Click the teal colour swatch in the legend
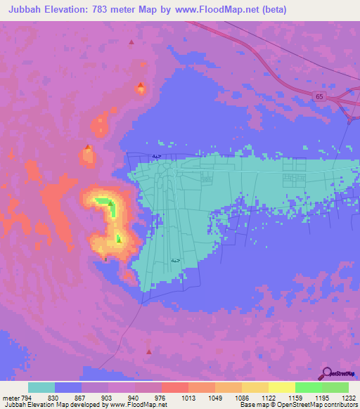point(41,387)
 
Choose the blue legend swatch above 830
point(68,387)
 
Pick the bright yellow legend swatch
point(282,387)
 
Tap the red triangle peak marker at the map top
point(131,43)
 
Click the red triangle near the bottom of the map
point(148,351)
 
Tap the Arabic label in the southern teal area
point(174,261)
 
